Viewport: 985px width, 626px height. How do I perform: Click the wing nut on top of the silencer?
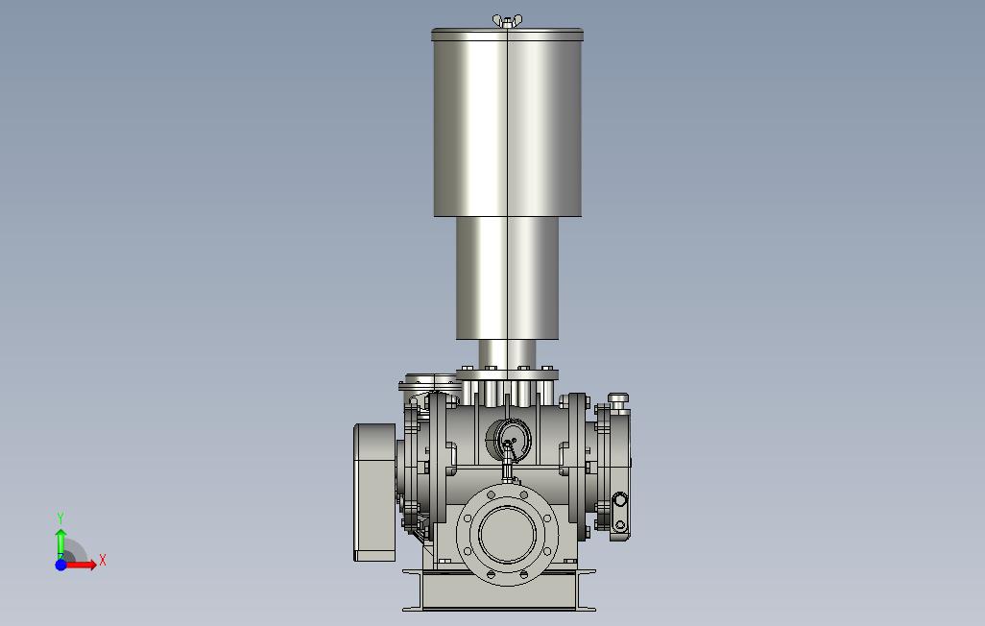(x=507, y=21)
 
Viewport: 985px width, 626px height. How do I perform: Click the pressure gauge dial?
(x=508, y=438)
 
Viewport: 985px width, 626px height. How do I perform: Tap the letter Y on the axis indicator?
(x=60, y=518)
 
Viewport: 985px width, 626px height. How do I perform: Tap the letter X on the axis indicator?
(x=103, y=560)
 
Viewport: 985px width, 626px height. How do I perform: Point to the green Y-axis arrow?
(x=60, y=543)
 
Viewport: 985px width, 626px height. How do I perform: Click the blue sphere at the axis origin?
(x=60, y=565)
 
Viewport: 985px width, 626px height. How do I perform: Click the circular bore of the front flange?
(x=508, y=534)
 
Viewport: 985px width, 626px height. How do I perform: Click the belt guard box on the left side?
(x=374, y=493)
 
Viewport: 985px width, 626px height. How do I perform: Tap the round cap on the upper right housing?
(x=618, y=398)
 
